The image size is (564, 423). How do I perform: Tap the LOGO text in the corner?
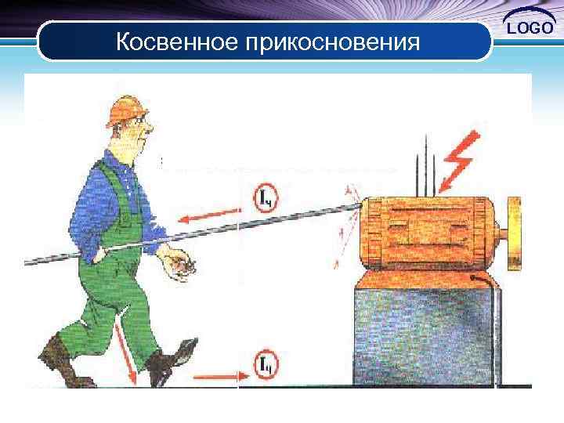(x=531, y=29)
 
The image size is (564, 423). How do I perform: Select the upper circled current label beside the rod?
(x=266, y=198)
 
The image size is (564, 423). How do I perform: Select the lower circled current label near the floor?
(x=266, y=363)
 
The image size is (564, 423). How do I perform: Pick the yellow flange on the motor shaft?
(x=515, y=234)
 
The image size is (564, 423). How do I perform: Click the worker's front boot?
(x=172, y=363)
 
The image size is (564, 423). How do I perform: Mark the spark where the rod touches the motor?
(x=350, y=210)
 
